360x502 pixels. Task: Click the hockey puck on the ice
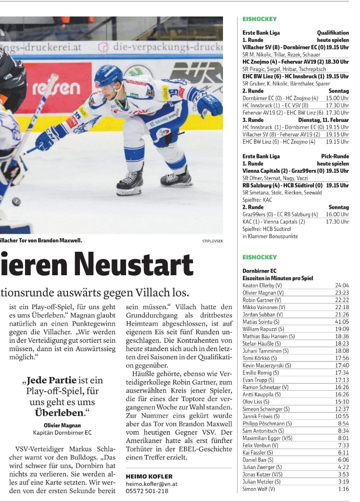pos(16,202)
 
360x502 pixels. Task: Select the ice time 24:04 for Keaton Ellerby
pos(341,285)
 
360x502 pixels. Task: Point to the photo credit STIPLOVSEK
pos(212,241)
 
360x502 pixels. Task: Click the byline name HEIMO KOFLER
pos(149,476)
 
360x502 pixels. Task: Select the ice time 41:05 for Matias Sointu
pos(341,322)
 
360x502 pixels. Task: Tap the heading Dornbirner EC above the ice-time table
pos(259,271)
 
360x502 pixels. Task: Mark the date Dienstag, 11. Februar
pos(323,120)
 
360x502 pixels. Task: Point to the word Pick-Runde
pos(335,156)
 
